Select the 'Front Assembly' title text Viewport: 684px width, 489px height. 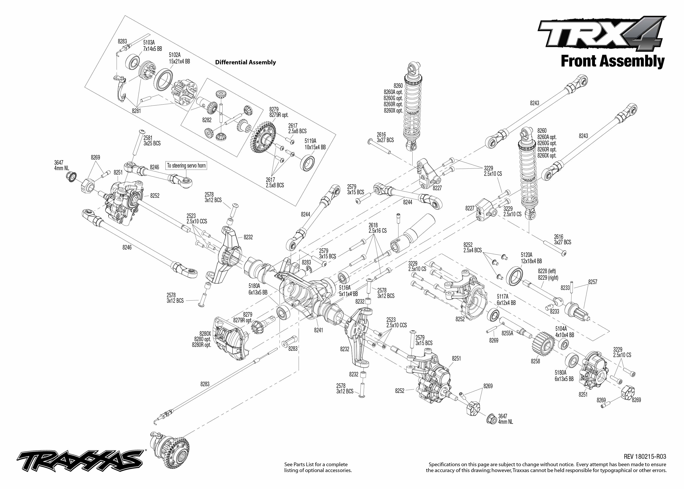[612, 62]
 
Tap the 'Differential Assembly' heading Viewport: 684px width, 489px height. [245, 62]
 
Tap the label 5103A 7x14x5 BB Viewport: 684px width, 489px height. [152, 46]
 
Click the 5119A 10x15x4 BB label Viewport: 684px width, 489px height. [315, 144]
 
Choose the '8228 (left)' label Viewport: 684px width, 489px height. [547, 271]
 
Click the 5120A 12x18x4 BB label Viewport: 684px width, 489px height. [531, 258]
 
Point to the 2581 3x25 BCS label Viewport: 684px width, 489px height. [152, 141]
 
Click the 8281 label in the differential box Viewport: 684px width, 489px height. [136, 111]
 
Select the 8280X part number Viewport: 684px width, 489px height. [205, 334]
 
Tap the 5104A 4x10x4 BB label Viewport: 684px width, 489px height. [565, 332]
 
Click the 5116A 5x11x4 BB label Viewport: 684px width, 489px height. [348, 291]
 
